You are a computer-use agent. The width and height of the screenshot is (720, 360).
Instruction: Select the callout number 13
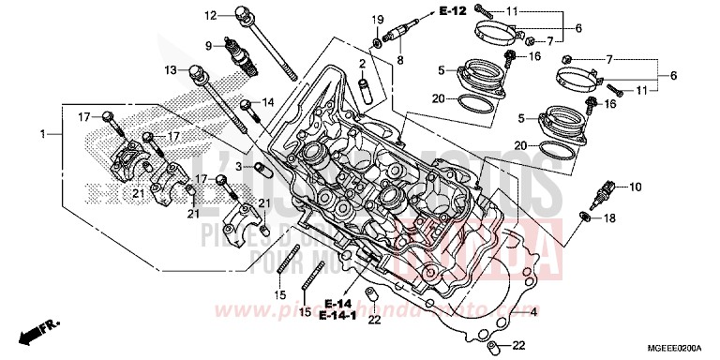point(171,70)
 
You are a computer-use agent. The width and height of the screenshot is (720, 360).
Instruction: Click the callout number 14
point(268,102)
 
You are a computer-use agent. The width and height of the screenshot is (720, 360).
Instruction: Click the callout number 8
point(400,61)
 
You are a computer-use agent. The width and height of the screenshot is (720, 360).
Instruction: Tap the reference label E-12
point(452,11)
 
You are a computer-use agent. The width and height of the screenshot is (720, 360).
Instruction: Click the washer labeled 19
point(377,41)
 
